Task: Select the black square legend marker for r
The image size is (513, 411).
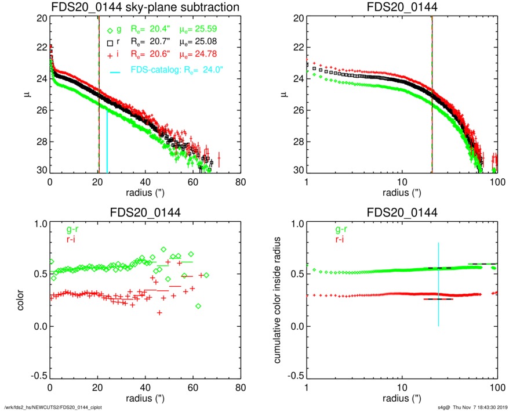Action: point(111,42)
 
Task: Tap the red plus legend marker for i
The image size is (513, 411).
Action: point(111,56)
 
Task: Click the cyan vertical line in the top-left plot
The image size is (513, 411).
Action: point(107,142)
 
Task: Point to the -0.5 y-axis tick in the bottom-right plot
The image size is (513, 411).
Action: point(295,376)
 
